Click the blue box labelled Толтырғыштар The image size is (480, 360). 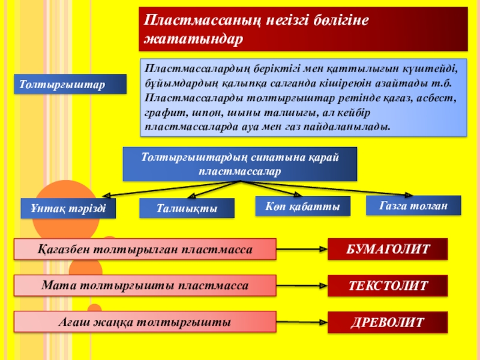tap(71, 84)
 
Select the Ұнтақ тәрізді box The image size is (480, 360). tap(68, 208)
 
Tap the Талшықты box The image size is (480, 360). tap(187, 208)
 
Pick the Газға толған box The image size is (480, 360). tap(413, 205)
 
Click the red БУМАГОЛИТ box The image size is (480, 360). tap(387, 249)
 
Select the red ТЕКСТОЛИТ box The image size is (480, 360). tap(387, 286)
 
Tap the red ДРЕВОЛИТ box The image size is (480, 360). tap(387, 322)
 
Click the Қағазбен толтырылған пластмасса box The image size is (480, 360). tap(145, 248)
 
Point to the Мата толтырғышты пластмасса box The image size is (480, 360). tap(145, 286)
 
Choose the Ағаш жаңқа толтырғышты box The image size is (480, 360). tap(145, 322)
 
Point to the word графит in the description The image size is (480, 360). tap(163, 112)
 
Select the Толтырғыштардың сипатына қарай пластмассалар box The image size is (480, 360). tap(240, 164)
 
